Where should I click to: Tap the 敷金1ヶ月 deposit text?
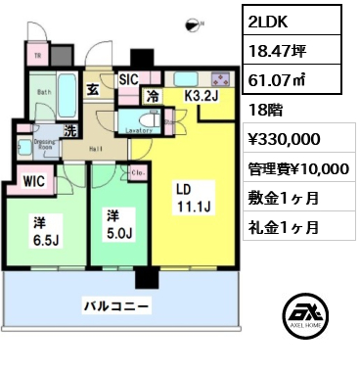284,200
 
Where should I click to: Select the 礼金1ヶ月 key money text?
284,229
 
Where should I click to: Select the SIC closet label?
128,80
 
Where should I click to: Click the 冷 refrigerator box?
154,96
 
